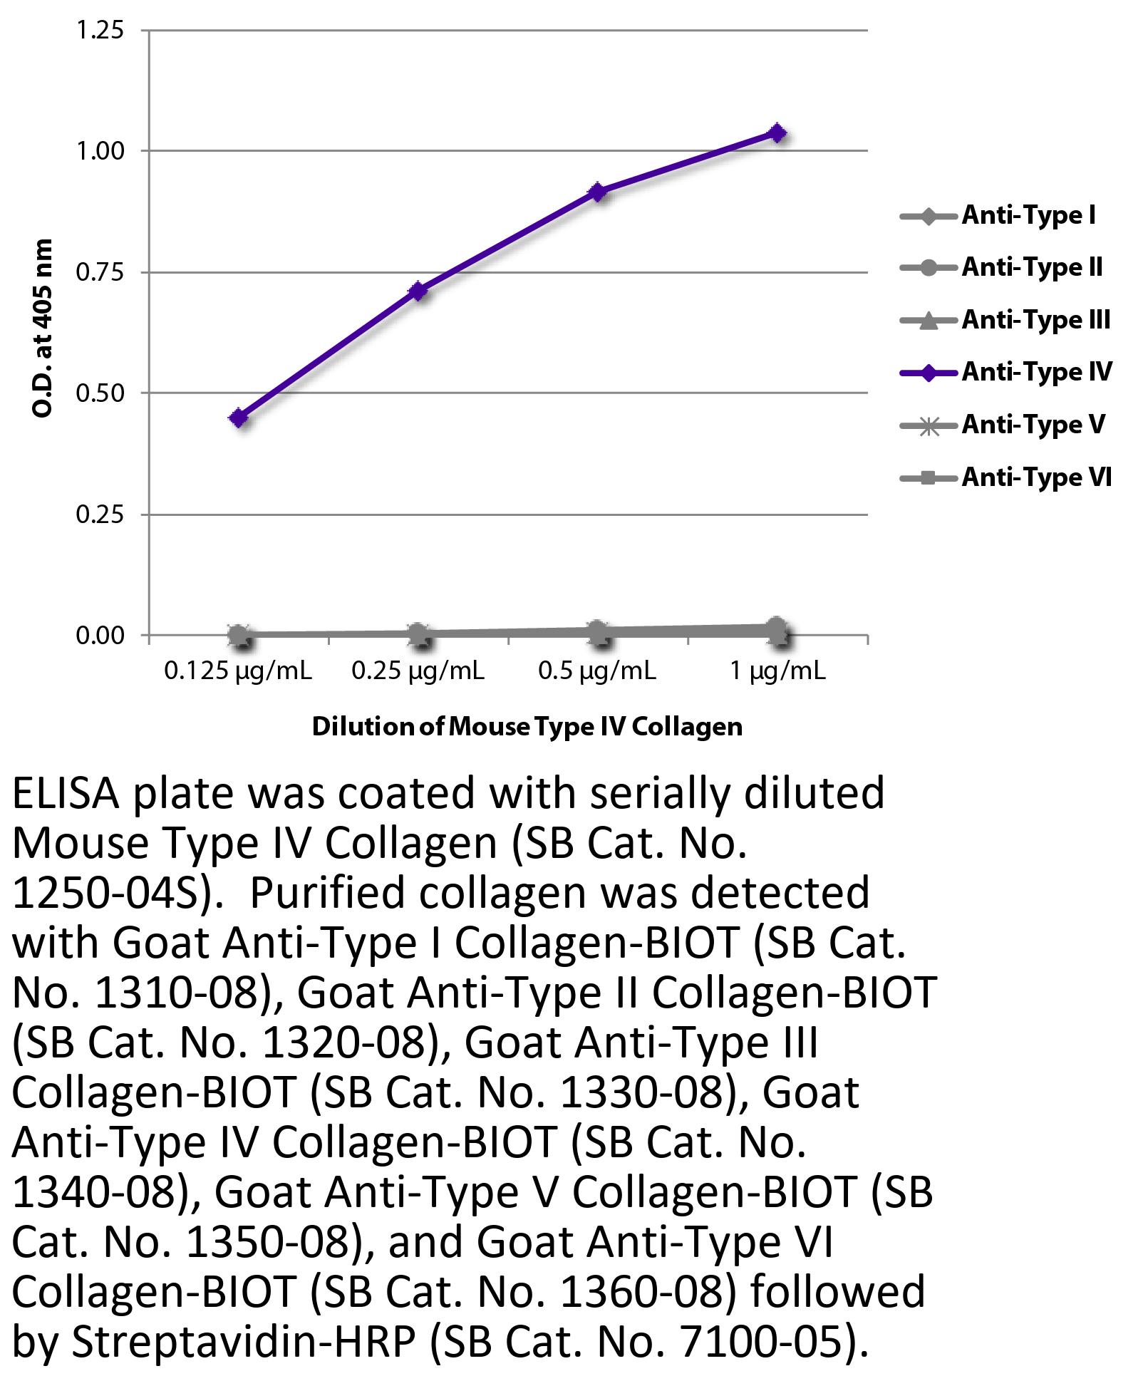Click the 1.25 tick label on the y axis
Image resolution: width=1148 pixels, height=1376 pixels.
(x=100, y=30)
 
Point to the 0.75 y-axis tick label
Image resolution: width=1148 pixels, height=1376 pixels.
(x=100, y=272)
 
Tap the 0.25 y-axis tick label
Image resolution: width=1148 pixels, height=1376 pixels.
(x=100, y=514)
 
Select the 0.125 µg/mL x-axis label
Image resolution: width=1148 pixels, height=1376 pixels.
(x=238, y=671)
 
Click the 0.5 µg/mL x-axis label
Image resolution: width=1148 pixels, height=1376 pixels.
(x=597, y=671)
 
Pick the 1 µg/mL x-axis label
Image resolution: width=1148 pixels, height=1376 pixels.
(x=778, y=671)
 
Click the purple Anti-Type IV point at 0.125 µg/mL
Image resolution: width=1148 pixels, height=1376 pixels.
(x=239, y=418)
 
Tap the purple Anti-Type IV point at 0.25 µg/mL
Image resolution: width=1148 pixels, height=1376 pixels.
(x=419, y=291)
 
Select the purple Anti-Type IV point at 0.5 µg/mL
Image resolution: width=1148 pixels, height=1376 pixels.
(x=599, y=192)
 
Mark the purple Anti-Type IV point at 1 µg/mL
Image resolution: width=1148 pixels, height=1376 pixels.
(x=778, y=133)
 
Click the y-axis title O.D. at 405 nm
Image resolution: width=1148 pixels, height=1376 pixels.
(x=43, y=329)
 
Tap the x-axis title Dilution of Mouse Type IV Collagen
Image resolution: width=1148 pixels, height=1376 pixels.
(x=527, y=727)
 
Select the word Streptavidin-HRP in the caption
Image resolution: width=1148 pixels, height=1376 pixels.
(x=243, y=1342)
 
